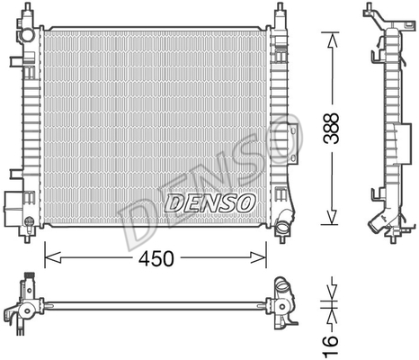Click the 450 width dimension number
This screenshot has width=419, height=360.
click(x=156, y=258)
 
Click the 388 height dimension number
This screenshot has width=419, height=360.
click(x=332, y=128)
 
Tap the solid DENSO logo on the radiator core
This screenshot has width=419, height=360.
click(x=209, y=203)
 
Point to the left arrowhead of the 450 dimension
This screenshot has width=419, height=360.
click(x=53, y=257)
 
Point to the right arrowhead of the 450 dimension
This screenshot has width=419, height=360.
click(x=258, y=257)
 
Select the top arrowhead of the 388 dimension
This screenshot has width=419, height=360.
click(x=332, y=40)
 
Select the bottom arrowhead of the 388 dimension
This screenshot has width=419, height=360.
click(x=332, y=216)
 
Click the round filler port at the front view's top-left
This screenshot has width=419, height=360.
click(x=28, y=35)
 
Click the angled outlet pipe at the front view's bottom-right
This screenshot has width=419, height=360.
click(x=283, y=223)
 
